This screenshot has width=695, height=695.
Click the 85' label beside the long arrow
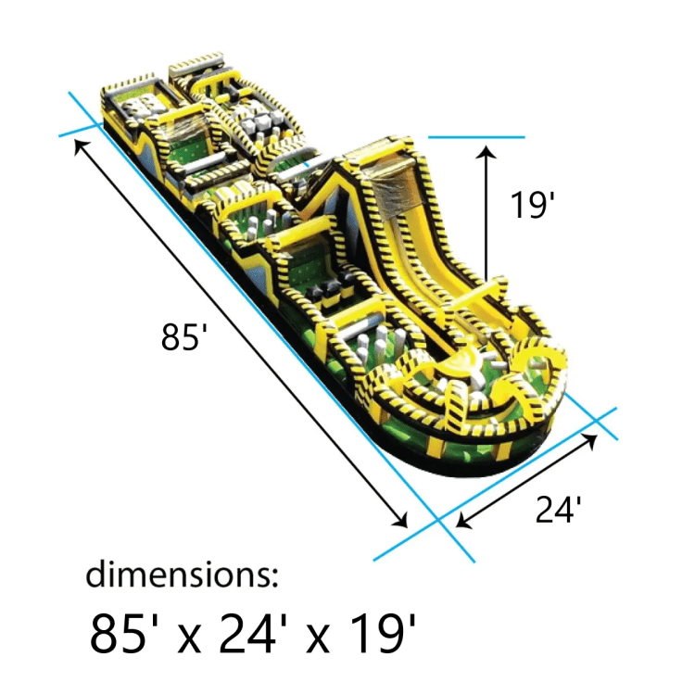[x=184, y=337]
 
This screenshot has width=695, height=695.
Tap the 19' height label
[x=532, y=205]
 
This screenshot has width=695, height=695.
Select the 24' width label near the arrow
[x=558, y=510]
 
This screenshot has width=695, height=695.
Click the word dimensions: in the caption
[x=182, y=574]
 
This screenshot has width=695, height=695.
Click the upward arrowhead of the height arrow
[x=487, y=152]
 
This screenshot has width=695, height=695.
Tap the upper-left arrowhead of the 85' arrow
[x=81, y=146]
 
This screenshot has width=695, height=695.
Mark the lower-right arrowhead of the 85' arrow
[x=400, y=521]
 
